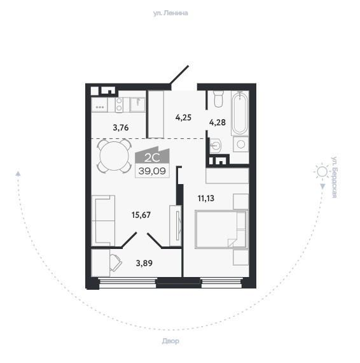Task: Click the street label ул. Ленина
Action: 170,13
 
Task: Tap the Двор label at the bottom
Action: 170,341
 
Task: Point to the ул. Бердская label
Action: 334,177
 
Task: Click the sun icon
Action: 322,172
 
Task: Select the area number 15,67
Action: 141,215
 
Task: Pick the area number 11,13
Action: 206,198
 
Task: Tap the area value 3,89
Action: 144,263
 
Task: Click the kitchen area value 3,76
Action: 121,127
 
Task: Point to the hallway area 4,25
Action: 183,118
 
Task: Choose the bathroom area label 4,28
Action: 218,122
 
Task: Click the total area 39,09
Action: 152,171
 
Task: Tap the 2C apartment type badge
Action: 152,155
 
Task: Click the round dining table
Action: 114,156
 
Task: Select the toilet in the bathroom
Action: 219,99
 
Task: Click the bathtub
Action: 240,113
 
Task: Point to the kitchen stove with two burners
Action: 119,104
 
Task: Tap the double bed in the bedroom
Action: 221,229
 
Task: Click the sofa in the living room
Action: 103,220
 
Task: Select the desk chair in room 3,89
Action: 116,263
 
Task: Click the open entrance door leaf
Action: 179,75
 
